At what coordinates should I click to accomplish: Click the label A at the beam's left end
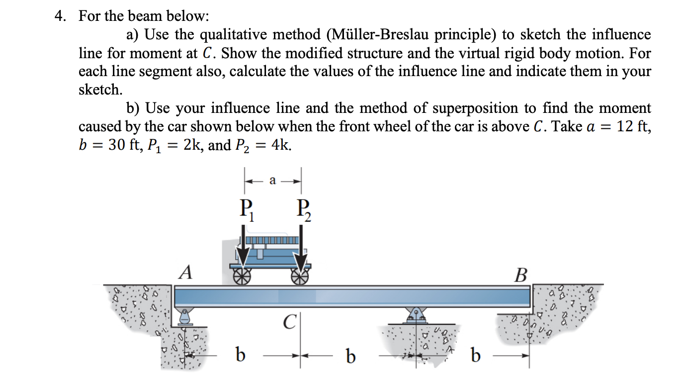185,273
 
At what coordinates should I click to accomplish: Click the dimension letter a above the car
272,181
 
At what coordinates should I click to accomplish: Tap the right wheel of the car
300,276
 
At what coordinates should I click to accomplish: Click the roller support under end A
185,316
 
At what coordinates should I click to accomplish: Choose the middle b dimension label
351,356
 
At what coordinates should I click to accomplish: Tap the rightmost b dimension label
476,356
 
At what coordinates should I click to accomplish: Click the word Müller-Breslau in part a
377,35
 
